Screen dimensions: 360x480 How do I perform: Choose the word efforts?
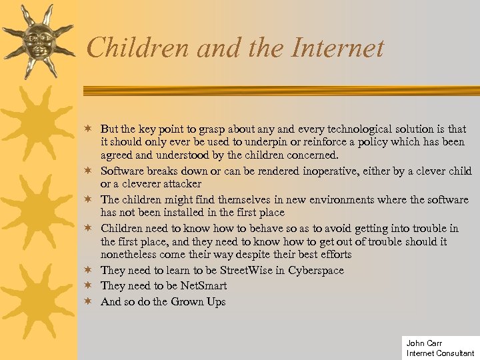331,255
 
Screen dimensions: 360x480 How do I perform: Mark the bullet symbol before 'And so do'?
87,301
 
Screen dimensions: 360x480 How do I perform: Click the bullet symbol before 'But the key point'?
87,128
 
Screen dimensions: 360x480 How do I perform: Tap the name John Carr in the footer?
424,343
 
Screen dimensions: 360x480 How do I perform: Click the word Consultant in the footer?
455,353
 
